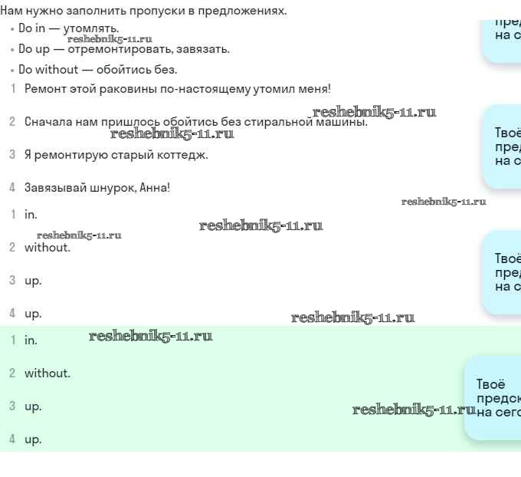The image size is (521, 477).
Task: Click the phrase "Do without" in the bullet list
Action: [x=48, y=69]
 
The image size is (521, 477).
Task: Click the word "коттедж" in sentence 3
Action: [x=184, y=155]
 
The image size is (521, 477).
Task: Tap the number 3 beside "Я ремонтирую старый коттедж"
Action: [x=12, y=155]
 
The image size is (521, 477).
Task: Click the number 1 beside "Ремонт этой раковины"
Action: [x=12, y=89]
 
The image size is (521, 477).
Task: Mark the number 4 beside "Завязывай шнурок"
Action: [x=12, y=188]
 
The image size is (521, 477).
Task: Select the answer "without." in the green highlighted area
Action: [x=48, y=373]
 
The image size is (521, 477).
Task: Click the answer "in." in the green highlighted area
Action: [x=31, y=340]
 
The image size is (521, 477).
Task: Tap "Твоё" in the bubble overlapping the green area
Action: [x=490, y=384]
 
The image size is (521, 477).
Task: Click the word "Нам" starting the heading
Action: [x=11, y=11]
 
